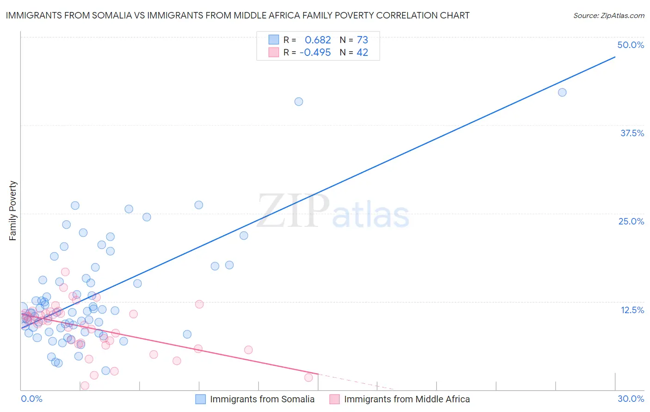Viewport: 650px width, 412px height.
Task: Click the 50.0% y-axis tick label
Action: pos(631,45)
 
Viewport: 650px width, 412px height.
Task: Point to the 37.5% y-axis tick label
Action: pos(632,133)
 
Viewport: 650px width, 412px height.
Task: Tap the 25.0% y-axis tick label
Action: pos(631,221)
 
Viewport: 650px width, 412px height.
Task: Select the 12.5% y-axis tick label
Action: pos(632,310)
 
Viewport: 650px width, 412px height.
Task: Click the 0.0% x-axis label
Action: pos(31,399)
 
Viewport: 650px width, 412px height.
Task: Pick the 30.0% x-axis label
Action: pos(631,399)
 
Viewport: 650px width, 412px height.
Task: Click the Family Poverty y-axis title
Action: pos(13,210)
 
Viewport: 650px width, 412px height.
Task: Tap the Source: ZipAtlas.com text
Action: pos(608,15)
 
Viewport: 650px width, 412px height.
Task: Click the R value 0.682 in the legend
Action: pos(318,40)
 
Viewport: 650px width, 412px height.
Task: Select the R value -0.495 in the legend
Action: pos(315,53)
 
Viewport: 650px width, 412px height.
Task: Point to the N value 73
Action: pos(362,40)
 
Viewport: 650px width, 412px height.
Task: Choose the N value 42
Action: pos(362,53)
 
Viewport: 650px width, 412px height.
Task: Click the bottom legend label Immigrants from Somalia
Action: pos(262,399)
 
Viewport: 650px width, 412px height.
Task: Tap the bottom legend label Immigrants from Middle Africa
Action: pos(407,399)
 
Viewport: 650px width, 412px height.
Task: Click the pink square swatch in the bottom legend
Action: pos(334,399)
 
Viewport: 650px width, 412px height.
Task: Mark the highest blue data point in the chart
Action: pos(562,92)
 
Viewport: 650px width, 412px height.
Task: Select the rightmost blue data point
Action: pos(562,92)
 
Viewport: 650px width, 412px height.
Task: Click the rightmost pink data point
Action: pos(308,377)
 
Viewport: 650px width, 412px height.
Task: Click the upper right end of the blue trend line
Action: pos(615,57)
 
